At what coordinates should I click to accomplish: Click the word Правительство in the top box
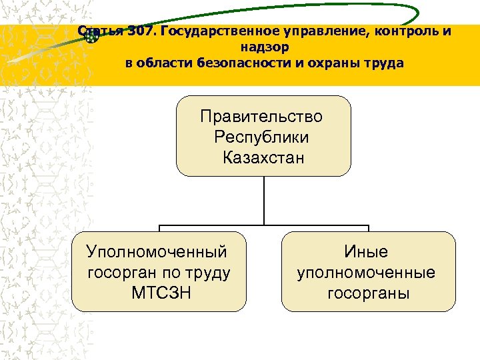(262, 117)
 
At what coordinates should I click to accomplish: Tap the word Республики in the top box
(262, 138)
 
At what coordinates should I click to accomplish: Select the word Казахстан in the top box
(263, 159)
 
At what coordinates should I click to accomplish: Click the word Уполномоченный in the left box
(157, 252)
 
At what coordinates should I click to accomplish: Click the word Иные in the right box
(366, 252)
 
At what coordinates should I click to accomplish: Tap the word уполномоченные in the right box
(366, 273)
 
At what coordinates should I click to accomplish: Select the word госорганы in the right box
(368, 293)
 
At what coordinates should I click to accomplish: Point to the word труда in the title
(383, 64)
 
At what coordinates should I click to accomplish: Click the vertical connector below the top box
(264, 200)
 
